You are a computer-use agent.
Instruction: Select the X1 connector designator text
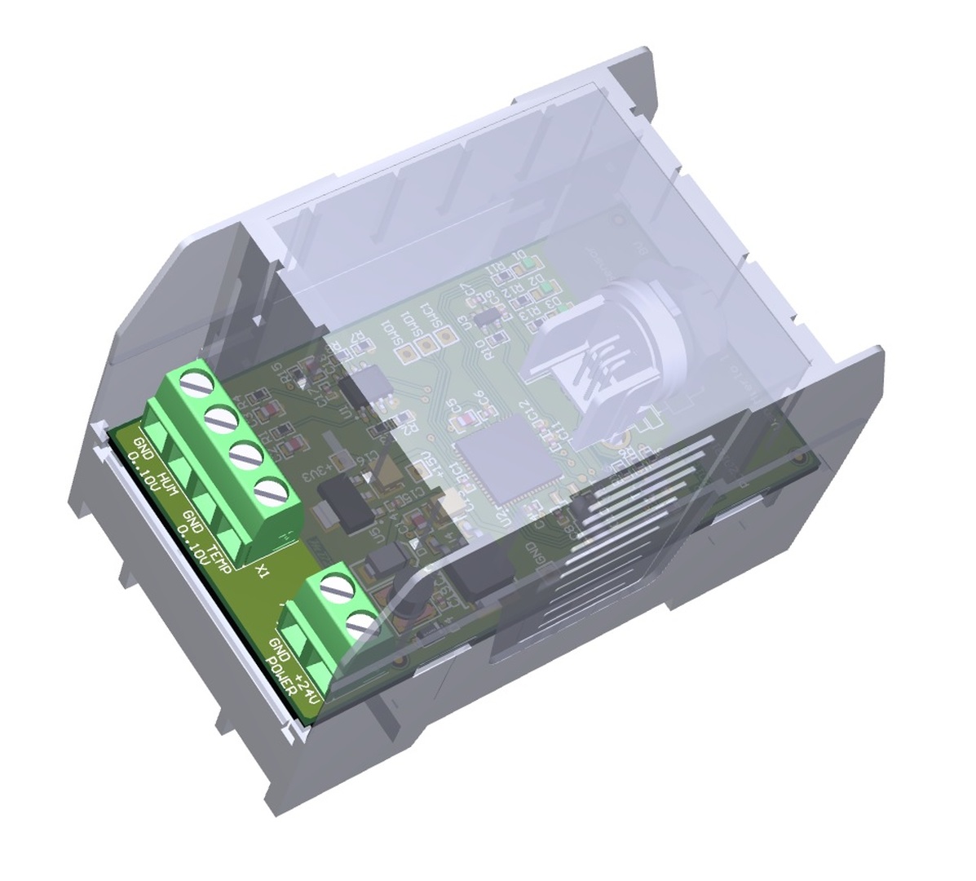click(x=262, y=569)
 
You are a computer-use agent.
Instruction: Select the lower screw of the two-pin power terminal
click(x=361, y=626)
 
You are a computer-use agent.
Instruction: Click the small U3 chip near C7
click(x=487, y=315)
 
